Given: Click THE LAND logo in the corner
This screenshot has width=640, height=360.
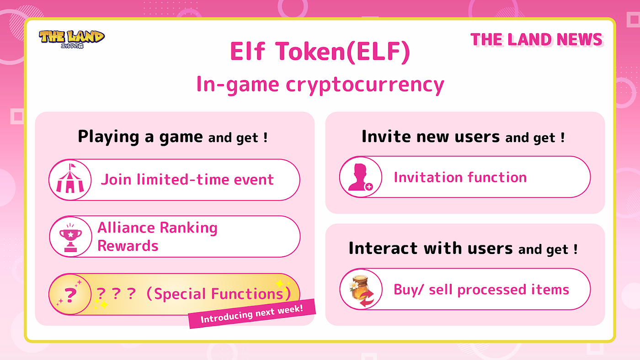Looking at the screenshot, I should click(x=72, y=38).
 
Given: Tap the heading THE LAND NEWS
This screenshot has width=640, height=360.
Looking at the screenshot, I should click(x=536, y=40).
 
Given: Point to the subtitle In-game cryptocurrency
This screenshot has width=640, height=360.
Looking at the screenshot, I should click(x=320, y=85).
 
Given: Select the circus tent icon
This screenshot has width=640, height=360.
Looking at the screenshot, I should click(x=70, y=180).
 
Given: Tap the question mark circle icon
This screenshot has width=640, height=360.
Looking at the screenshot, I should click(x=70, y=295).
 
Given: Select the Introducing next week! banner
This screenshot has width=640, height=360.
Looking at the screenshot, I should click(x=252, y=314).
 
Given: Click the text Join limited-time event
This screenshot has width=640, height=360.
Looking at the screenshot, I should click(x=187, y=180).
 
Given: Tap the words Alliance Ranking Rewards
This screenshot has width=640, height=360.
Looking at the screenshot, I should click(x=157, y=237).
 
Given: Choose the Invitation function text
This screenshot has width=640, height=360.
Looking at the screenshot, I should click(x=460, y=177).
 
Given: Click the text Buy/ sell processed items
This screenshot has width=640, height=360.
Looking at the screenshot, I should click(x=481, y=290).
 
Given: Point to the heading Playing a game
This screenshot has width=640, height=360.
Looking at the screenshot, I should click(x=140, y=137).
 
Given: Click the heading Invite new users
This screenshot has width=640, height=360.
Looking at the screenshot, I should click(x=431, y=137).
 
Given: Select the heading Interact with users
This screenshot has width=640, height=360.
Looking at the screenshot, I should click(x=430, y=249).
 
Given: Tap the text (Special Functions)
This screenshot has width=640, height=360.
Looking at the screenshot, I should click(x=218, y=294).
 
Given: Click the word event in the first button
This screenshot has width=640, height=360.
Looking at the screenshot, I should click(x=254, y=180).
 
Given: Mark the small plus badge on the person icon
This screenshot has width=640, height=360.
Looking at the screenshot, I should click(x=369, y=186).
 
